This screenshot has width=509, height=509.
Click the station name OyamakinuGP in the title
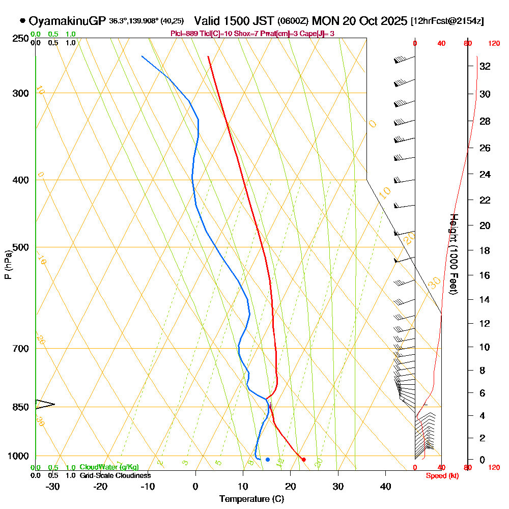click(x=68, y=21)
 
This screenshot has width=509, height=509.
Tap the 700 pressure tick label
click(x=21, y=349)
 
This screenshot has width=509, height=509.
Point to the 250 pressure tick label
click(x=21, y=38)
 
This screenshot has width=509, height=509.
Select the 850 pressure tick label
click(x=21, y=407)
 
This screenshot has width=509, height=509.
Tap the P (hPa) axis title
click(x=8, y=265)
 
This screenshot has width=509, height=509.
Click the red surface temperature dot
click(x=304, y=460)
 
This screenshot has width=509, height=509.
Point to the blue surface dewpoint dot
click(x=268, y=460)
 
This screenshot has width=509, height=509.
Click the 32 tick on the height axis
click(x=485, y=66)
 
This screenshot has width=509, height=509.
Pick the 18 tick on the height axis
click(x=485, y=250)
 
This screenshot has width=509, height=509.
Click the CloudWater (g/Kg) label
click(x=109, y=467)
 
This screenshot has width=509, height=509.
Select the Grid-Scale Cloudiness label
click(x=115, y=475)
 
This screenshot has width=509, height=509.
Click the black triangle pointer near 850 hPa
click(x=44, y=405)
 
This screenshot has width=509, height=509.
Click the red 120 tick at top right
click(x=493, y=44)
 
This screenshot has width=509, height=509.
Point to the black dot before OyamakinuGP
click(x=22, y=21)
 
